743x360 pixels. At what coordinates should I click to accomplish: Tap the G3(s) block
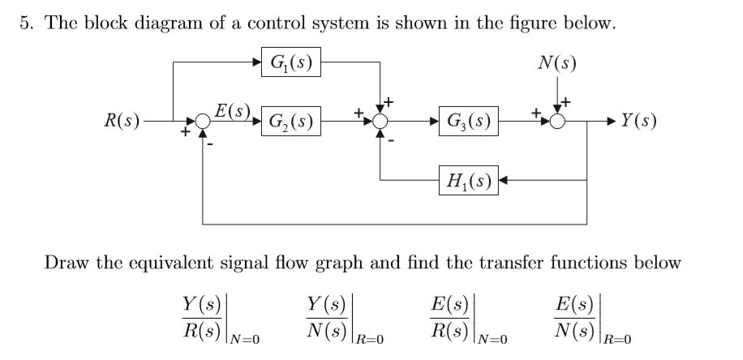(468, 123)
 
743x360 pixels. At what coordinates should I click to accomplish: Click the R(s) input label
(122, 122)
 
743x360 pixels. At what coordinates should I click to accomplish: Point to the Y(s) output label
(638, 122)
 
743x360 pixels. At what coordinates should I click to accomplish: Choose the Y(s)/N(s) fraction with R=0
(324, 316)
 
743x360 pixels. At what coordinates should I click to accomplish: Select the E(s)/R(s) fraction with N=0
(449, 316)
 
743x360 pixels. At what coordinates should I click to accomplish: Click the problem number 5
(25, 24)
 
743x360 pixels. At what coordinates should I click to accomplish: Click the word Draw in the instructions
(63, 263)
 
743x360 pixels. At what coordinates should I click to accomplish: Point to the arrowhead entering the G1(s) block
(256, 61)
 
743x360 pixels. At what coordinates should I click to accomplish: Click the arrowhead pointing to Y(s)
(611, 123)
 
